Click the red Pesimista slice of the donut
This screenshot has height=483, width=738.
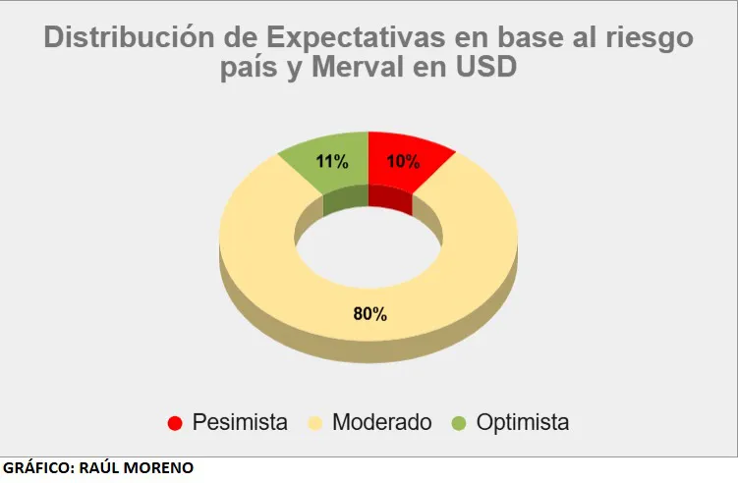(x=403, y=167)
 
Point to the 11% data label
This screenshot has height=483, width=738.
(x=332, y=162)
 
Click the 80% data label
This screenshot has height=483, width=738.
(x=369, y=314)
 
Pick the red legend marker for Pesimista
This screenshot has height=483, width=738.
(x=175, y=423)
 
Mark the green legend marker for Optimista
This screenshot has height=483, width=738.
(x=458, y=423)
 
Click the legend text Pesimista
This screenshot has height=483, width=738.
(x=240, y=423)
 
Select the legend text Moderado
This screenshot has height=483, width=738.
(x=381, y=423)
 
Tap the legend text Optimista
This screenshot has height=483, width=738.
(x=522, y=423)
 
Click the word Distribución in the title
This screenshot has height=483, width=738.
(x=127, y=38)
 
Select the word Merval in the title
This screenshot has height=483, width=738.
(x=370, y=69)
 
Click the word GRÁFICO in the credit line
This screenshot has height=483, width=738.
(x=36, y=468)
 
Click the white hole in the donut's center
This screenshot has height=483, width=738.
(x=369, y=241)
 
